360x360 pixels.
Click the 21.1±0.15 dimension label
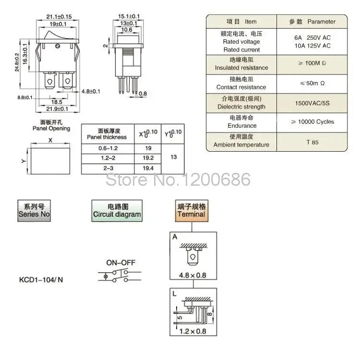point(59,16)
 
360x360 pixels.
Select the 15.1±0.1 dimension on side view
point(129,16)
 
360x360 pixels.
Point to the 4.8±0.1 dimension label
point(91,91)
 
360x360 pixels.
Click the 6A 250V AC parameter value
point(312,37)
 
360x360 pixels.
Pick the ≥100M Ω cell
point(312,63)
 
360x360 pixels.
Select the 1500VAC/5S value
point(312,103)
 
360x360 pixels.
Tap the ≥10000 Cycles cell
point(312,122)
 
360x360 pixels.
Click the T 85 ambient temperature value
point(312,142)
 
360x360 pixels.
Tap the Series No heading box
point(34,210)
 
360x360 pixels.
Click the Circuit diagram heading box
point(117,210)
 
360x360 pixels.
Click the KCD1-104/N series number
point(41,280)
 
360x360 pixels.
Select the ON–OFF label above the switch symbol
point(120,263)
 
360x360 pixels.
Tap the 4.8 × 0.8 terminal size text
point(192,276)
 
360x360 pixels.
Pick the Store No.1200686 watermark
point(178,180)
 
